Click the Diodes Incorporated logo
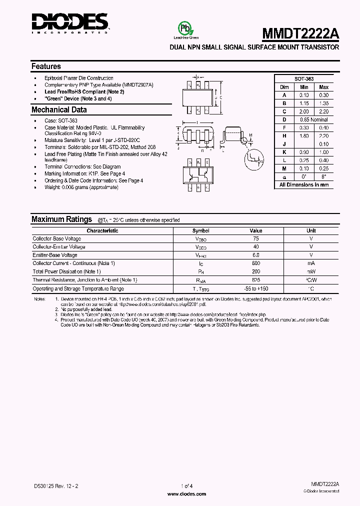(x=70, y=22)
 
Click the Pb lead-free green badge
(x=186, y=28)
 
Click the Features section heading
(x=46, y=66)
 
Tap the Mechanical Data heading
(x=59, y=110)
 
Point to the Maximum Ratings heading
(x=61, y=219)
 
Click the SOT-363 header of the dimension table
(x=304, y=79)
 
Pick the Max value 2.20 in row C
(x=323, y=111)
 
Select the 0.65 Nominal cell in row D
(x=313, y=120)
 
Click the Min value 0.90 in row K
(x=304, y=152)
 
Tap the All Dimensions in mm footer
(x=304, y=184)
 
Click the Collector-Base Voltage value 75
(x=256, y=239)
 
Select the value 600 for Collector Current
(x=256, y=263)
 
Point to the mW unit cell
(x=311, y=272)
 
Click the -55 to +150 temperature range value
(x=256, y=288)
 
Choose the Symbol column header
(x=201, y=231)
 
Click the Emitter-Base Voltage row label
(x=55, y=255)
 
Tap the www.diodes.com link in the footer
(x=179, y=493)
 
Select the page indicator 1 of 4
(x=179, y=485)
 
